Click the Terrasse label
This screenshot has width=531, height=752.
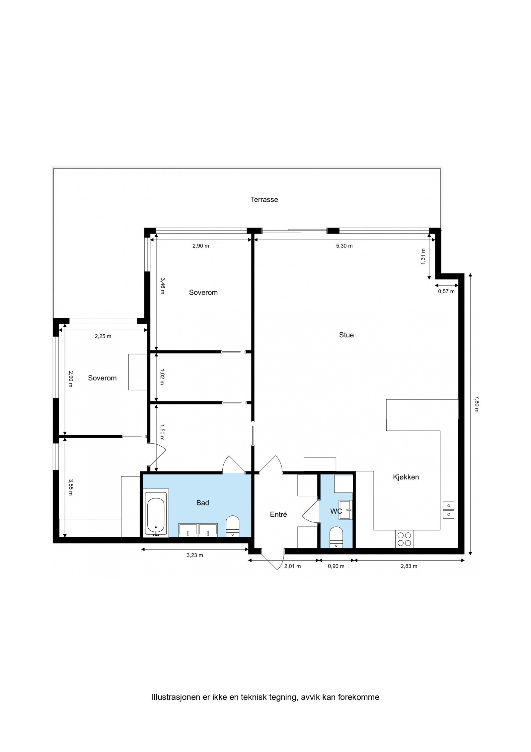pos(264,200)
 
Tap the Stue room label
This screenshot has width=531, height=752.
pos(346,335)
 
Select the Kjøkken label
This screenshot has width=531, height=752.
pos(406,477)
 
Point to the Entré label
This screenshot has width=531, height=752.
pos(278,514)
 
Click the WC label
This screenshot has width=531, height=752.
pos(336,511)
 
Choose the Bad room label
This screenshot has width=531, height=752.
pos(202,503)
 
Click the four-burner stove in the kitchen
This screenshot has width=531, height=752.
pos(404,539)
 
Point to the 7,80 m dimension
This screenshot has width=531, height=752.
pos(476,404)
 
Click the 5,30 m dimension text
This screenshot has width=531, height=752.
pos(344,246)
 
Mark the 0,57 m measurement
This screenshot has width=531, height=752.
pos(446,291)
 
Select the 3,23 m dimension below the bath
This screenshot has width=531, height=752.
pos(195,555)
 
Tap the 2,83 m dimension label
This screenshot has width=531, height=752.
pos(409,566)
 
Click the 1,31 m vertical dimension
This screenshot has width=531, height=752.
pos(423,257)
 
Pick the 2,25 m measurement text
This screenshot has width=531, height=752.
pos(103,336)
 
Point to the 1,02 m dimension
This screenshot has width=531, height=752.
pos(162,376)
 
